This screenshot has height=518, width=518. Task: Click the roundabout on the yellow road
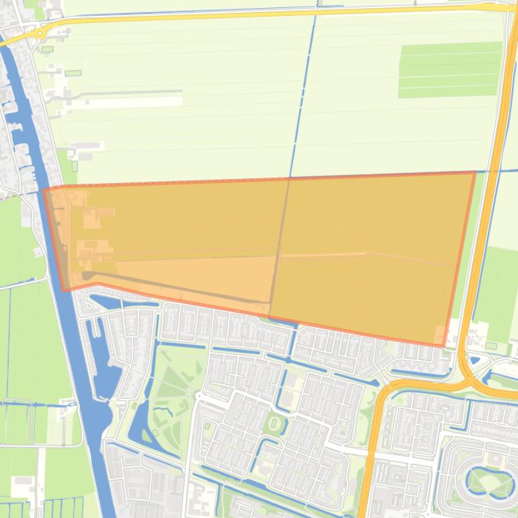[40, 32]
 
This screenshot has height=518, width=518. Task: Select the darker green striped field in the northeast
[449, 69]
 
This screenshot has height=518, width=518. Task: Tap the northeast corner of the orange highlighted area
[475, 173]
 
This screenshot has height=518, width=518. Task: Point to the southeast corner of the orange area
[443, 346]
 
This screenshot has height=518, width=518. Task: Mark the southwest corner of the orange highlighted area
[63, 291]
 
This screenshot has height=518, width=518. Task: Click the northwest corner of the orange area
[44, 190]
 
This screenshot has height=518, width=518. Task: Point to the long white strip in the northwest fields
[135, 102]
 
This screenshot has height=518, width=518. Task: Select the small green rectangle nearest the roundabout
[47, 49]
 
